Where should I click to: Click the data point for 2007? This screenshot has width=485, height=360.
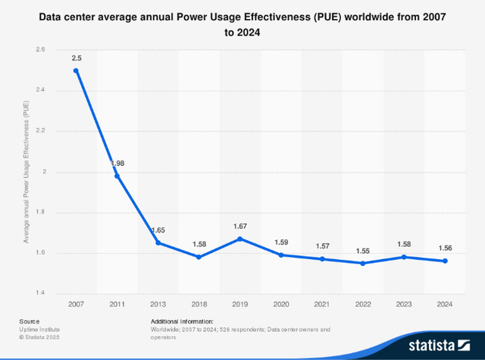[76, 70]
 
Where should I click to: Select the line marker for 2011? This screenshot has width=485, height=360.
[117, 176]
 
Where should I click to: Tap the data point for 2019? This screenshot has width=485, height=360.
[239, 239]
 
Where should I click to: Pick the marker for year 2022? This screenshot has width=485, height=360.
[363, 263]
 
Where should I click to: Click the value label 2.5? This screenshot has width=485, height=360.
[76, 58]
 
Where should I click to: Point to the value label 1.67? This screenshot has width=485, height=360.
[239, 226]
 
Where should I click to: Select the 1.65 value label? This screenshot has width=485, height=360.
[158, 230]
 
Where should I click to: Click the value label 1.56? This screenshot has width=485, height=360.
[445, 248]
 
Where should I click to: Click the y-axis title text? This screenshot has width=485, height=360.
[25, 171]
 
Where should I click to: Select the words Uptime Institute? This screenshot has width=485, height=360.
[40, 330]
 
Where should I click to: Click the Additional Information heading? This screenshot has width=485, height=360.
[182, 321]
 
